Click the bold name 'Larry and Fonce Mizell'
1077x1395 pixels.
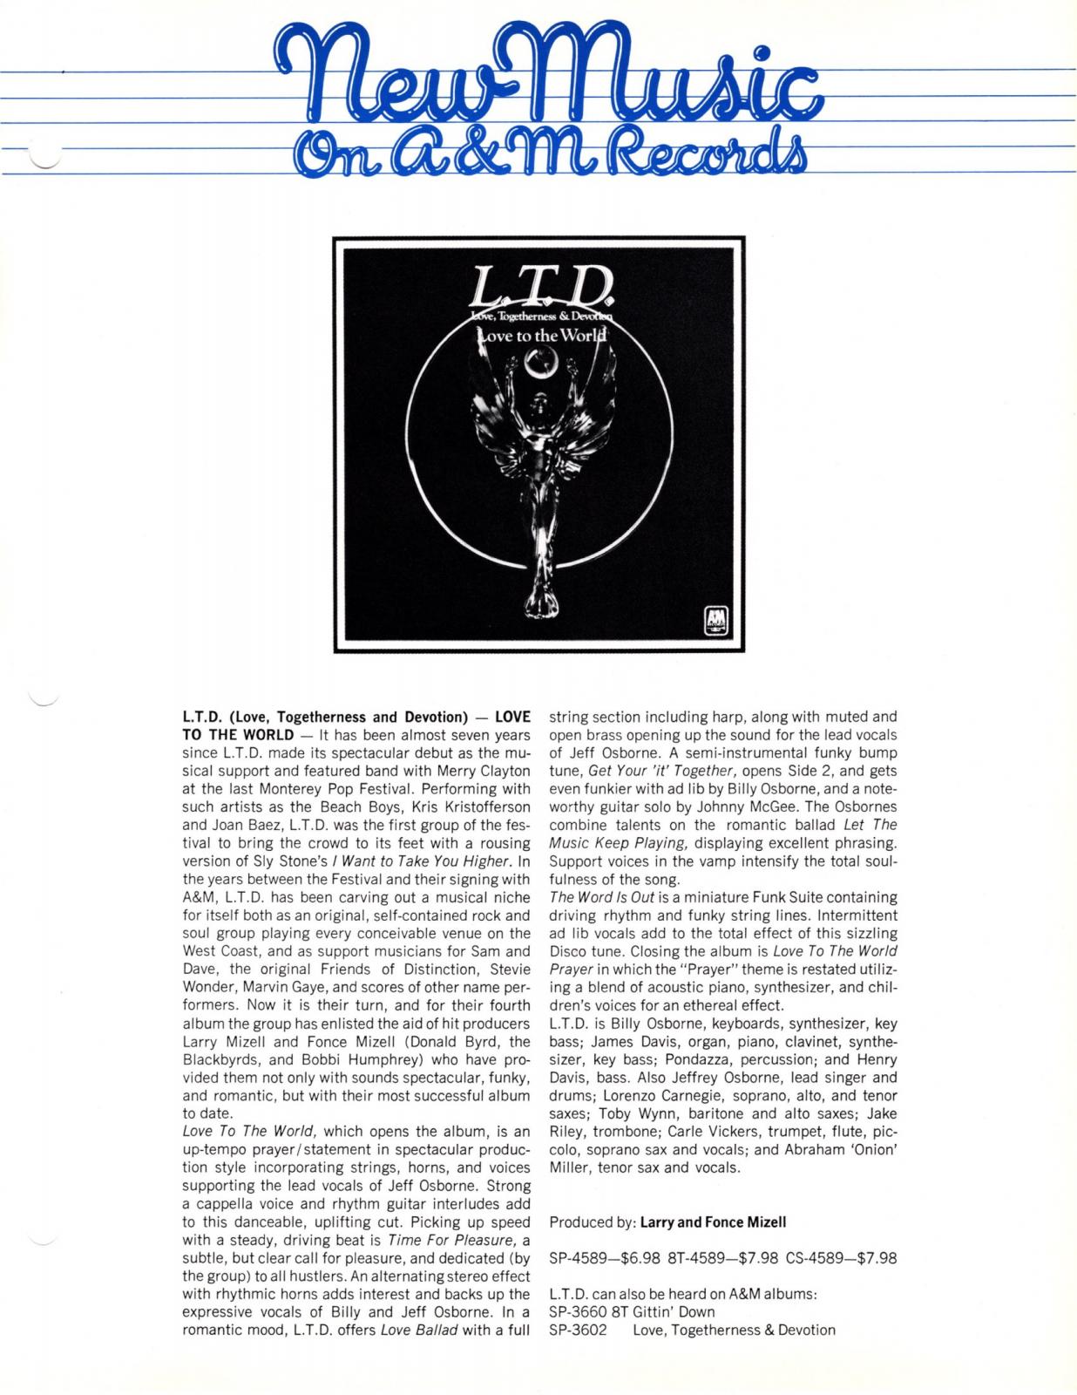coord(713,1221)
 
